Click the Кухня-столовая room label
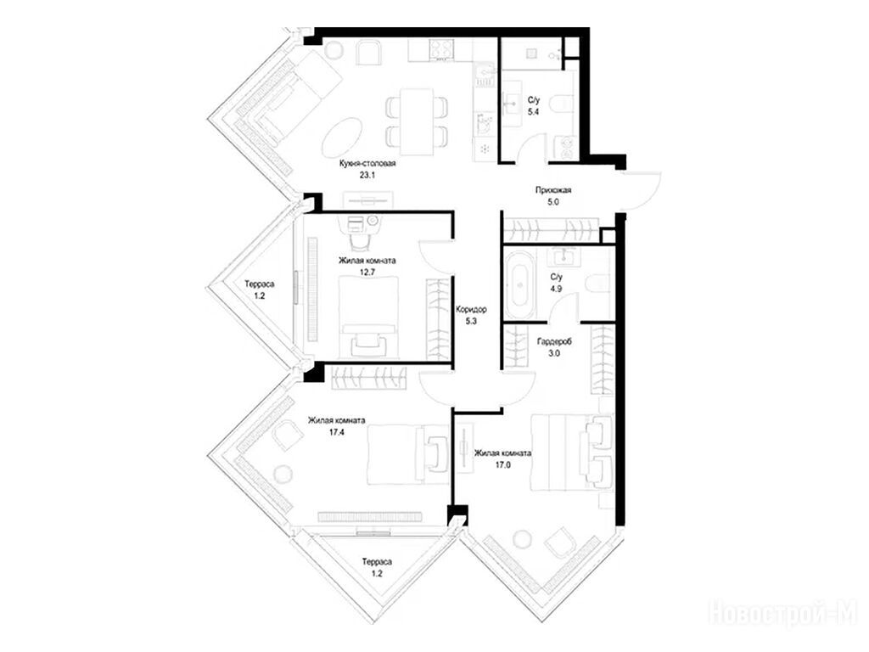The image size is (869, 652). coord(367,164)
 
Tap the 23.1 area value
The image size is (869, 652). coord(367,176)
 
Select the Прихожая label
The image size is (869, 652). coord(553,190)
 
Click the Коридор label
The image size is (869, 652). coord(472,309)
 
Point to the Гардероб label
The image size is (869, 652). coord(554,341)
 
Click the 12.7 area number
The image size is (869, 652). coord(367,273)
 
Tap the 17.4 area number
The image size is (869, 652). coord(336,432)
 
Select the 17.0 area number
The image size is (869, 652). coord(502,465)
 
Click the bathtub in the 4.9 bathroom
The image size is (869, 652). coord(520,285)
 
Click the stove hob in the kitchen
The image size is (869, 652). coord(441,49)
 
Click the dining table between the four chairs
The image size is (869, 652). coord(417,121)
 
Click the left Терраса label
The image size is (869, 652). coord(260,284)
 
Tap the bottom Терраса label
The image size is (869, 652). coord(377,562)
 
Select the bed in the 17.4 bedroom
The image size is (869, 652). coord(407,453)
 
